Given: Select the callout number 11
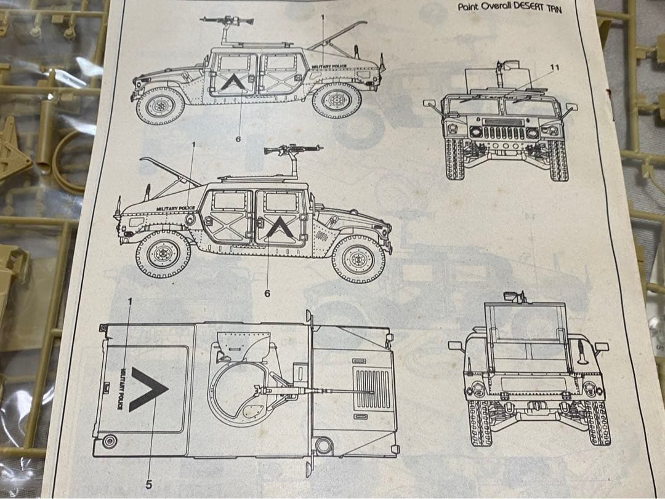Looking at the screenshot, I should (x=554, y=67).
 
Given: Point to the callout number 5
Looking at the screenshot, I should (x=148, y=484).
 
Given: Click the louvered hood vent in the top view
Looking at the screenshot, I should (x=373, y=389).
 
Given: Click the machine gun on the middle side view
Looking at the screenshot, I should (x=292, y=150).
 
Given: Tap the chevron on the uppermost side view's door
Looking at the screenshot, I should (x=233, y=82).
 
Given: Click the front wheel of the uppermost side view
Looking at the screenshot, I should (x=336, y=101).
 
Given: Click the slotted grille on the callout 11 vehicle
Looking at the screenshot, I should (x=504, y=131).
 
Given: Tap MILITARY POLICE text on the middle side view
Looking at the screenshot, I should (x=175, y=209).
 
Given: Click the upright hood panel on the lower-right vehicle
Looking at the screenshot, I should (x=525, y=329).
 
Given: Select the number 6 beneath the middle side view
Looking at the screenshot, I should (x=267, y=293).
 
